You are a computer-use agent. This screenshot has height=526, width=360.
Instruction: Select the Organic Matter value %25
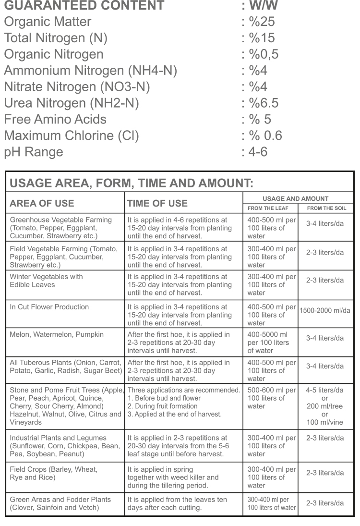click(x=259, y=22)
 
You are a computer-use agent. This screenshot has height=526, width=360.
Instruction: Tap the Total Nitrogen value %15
click(x=259, y=38)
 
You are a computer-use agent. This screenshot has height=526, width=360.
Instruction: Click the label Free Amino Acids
click(x=55, y=120)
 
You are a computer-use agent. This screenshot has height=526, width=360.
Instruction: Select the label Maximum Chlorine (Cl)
click(x=72, y=136)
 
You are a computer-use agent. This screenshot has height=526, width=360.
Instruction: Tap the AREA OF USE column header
click(x=42, y=203)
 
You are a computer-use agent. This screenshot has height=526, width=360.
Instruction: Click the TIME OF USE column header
click(x=157, y=203)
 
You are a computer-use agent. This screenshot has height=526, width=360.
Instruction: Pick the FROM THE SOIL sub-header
click(x=326, y=208)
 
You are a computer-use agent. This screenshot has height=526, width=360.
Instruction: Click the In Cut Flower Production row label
click(x=49, y=307)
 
